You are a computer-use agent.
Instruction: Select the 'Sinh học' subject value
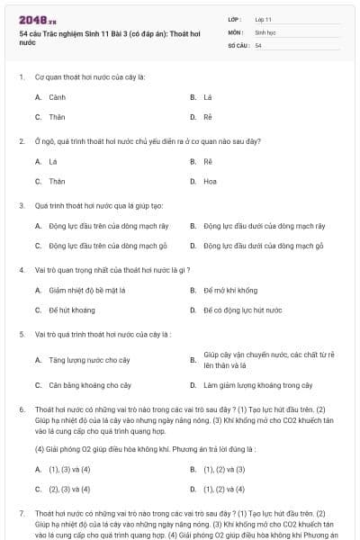(x=265, y=31)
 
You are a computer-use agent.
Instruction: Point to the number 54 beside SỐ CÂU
(x=258, y=45)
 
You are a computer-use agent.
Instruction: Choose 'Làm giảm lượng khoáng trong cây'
(x=257, y=385)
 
